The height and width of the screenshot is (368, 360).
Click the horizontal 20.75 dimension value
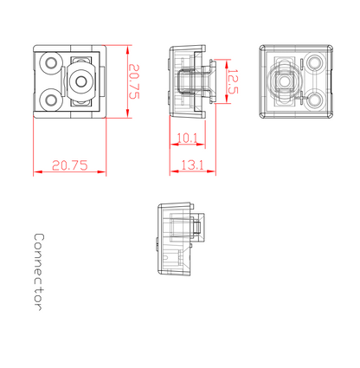69,165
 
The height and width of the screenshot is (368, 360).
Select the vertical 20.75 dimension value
134,81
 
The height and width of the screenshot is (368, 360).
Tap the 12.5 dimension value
233,81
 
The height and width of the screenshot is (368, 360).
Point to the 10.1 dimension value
187,139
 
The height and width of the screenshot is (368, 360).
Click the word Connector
39,272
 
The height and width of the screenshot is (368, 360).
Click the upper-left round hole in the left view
51,62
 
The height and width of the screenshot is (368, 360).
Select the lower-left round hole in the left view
52,100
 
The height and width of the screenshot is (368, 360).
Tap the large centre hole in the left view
81,81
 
